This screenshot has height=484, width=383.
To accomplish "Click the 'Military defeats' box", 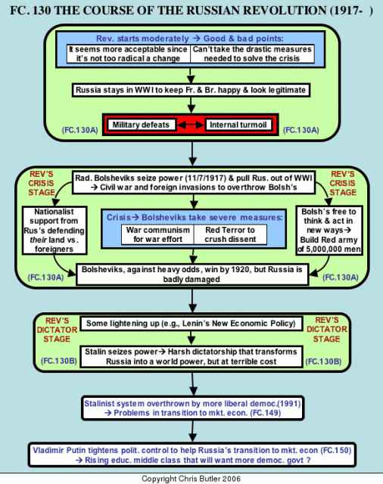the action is click(142, 125).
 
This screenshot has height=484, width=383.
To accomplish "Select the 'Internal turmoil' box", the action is click(238, 125).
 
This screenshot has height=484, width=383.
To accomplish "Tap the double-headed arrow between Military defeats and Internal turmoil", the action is click(191, 125).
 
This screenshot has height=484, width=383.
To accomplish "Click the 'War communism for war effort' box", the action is click(158, 234).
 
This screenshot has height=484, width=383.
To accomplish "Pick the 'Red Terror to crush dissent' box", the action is click(230, 234).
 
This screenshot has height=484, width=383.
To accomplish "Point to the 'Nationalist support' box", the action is click(54, 230).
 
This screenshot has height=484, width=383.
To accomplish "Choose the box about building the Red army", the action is click(329, 230).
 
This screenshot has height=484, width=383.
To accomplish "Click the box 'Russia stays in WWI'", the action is click(191, 90).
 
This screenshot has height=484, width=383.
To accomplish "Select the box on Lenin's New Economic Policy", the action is click(191, 324).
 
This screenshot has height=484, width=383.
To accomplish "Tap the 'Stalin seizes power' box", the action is click(191, 356).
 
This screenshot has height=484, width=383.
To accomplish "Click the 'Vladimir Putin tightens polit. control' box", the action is click(192, 455).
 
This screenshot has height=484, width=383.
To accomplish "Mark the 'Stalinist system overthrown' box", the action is click(193, 408).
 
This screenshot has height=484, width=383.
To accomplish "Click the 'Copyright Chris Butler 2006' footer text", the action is click(191, 479).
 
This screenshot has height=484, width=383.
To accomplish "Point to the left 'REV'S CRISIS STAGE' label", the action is click(42, 183).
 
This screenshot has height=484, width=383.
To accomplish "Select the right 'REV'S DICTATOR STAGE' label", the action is click(327, 330).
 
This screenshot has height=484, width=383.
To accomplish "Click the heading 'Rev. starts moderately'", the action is click(142, 39).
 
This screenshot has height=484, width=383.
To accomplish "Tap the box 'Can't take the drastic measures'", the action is click(252, 54).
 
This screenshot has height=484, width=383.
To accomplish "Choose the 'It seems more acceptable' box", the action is click(129, 54).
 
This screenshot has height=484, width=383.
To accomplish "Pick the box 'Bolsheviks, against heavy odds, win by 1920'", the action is click(192, 275).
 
